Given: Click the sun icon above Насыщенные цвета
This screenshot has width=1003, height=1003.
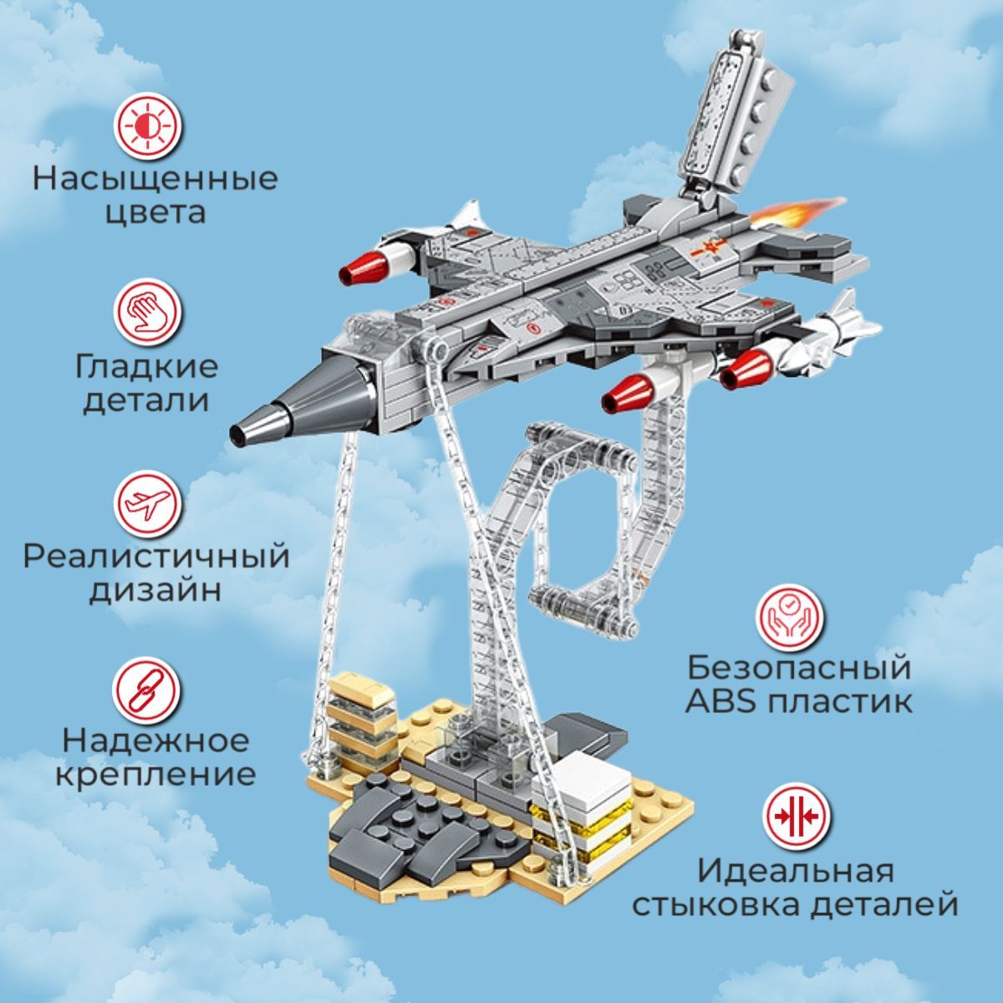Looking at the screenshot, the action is (148, 127).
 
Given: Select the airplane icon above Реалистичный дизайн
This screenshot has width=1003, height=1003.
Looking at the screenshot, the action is (148, 504).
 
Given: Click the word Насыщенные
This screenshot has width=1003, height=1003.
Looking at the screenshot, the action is (155, 181).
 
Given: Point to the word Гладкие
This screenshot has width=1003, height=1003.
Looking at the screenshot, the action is (146, 367).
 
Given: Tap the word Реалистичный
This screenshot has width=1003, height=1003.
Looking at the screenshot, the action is (156, 557).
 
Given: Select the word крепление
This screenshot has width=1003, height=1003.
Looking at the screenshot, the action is (155, 775).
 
